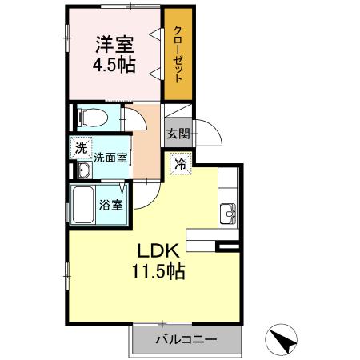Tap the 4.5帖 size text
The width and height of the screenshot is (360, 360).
(114, 66)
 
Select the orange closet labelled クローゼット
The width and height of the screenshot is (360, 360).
(177, 54)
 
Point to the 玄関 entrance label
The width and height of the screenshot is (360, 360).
(177, 134)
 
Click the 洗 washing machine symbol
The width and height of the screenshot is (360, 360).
(80, 147)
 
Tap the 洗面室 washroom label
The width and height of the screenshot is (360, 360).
(110, 158)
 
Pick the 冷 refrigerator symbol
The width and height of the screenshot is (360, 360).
(181, 163)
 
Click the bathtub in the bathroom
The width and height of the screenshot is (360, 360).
(83, 206)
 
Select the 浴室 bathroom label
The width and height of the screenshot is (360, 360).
(110, 205)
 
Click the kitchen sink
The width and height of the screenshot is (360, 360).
(228, 214)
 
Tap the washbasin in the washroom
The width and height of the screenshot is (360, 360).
(84, 171)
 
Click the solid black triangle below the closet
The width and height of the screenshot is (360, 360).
(183, 110)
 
